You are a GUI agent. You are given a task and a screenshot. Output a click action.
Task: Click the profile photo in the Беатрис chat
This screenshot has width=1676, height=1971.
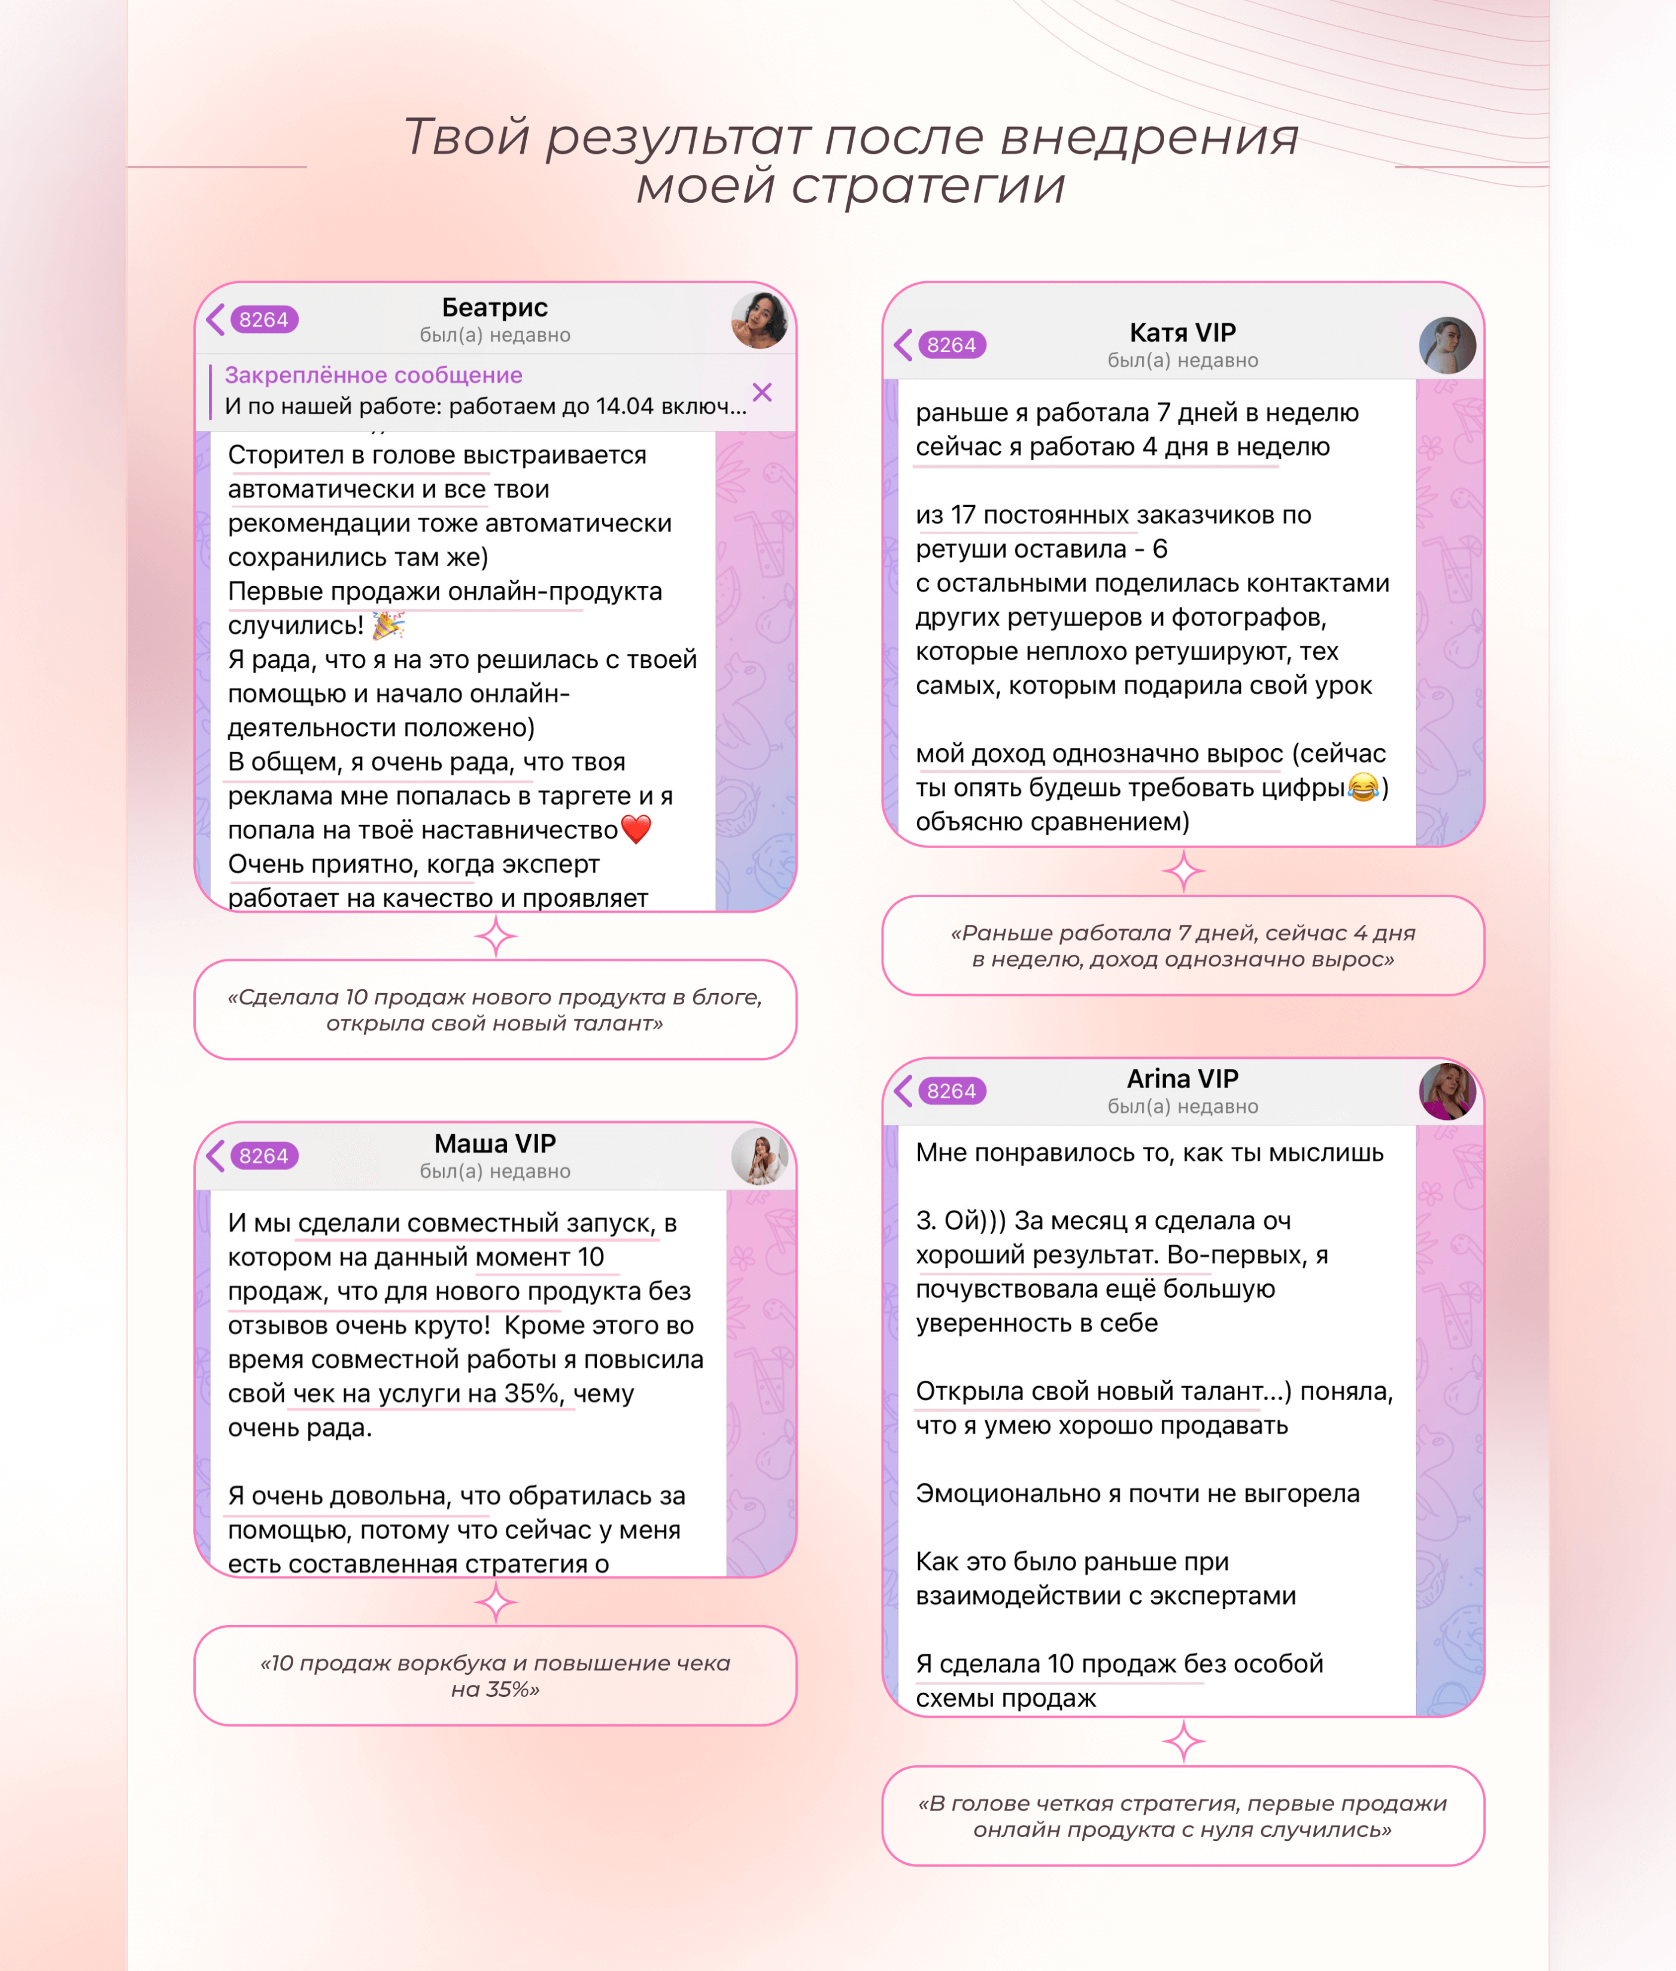point(759,320)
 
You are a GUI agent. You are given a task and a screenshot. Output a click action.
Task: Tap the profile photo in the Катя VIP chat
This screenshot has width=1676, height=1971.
point(1447,345)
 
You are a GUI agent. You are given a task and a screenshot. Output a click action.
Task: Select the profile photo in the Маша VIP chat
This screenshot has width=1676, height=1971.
point(759,1157)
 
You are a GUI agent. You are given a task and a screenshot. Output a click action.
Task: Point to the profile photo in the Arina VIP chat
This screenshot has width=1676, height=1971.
point(1447,1091)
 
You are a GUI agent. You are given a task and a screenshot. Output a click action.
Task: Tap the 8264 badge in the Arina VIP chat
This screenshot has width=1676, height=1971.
point(952,1091)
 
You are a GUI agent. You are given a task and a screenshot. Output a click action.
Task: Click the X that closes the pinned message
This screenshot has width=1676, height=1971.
point(762,392)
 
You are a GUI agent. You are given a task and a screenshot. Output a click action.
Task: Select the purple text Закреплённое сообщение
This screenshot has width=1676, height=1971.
point(374,375)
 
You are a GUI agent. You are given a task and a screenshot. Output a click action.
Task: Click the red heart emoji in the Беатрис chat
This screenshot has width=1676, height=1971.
point(636,829)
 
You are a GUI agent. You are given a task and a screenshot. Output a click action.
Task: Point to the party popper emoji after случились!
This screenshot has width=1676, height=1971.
point(388,625)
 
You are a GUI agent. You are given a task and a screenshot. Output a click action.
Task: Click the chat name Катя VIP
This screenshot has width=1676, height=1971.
point(1182,332)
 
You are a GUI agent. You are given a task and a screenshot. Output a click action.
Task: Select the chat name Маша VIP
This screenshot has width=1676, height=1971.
point(495,1144)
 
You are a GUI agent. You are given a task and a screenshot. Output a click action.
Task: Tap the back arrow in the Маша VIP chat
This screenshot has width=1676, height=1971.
point(215,1156)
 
